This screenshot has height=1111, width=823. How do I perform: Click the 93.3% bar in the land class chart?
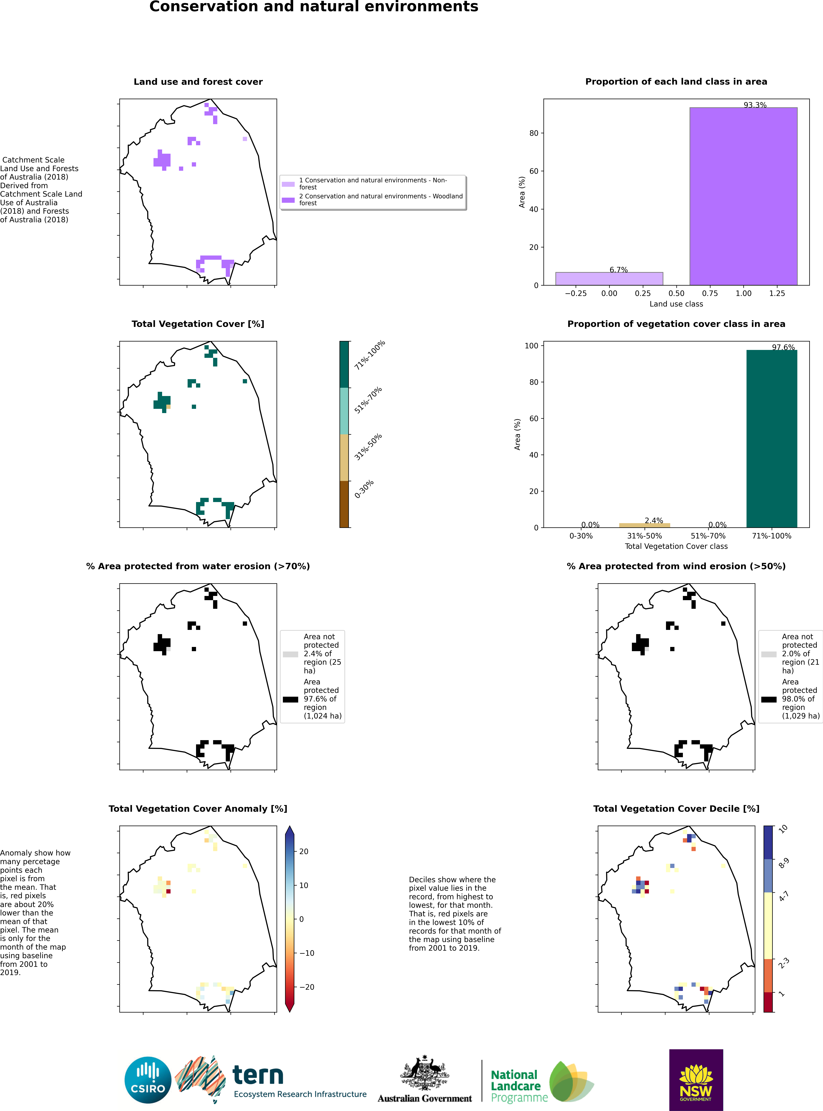coord(743,196)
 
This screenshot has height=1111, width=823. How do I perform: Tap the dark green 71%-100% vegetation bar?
coord(772,438)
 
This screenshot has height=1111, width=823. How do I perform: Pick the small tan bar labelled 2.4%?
coord(644,525)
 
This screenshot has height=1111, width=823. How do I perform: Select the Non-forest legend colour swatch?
coord(288,184)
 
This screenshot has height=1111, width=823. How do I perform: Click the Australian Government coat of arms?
coord(424,1073)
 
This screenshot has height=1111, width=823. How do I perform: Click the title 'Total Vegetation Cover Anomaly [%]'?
coord(198,809)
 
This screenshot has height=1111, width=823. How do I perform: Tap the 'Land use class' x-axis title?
coord(676,304)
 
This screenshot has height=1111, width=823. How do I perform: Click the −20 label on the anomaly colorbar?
coord(306,987)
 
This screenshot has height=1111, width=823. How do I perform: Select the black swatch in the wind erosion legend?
coord(769,700)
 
